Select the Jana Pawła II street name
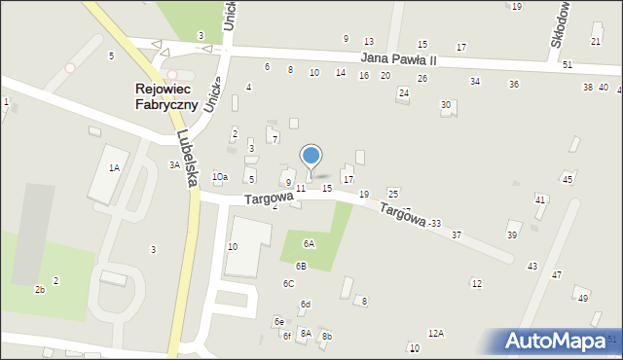(x=398, y=59)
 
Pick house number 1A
(x=114, y=168)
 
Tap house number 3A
(x=174, y=165)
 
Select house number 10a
(x=220, y=176)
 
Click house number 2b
(x=40, y=289)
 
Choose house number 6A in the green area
(x=309, y=244)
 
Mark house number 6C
(x=288, y=283)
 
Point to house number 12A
(x=435, y=334)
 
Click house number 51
(x=567, y=64)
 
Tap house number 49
(x=582, y=299)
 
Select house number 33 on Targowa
(x=435, y=224)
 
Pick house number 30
(x=446, y=104)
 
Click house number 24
(x=403, y=92)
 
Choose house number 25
(x=392, y=194)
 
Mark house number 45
(x=567, y=179)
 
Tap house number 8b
(x=327, y=337)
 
